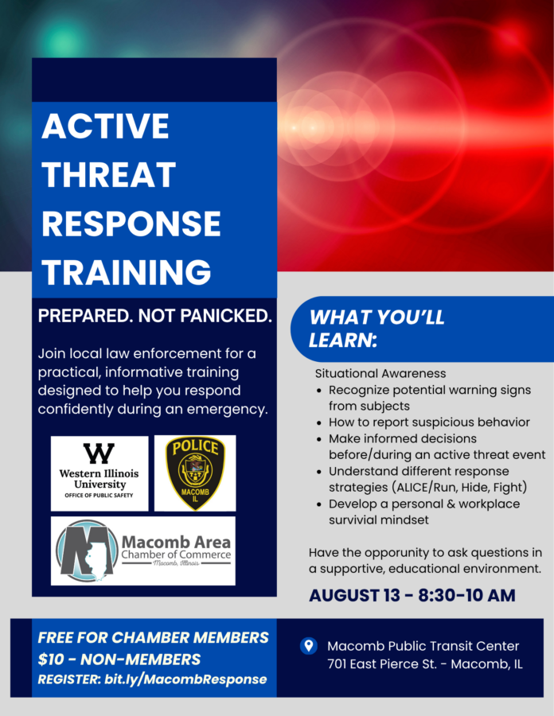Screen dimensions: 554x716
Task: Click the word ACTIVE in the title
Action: point(106,126)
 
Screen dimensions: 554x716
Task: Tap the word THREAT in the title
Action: point(109,174)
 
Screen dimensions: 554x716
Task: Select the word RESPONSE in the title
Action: point(131,224)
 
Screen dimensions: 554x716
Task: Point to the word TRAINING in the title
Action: point(127,272)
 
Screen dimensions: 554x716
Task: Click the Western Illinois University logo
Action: point(99,473)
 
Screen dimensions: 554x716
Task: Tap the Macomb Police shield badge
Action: point(195,473)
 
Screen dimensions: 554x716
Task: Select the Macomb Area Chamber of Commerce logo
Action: point(143,551)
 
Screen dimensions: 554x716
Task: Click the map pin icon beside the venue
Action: point(309,646)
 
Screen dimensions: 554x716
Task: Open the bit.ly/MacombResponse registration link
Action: point(185,679)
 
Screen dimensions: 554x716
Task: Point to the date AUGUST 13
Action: point(354,595)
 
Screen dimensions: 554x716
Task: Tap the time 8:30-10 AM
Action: point(466,595)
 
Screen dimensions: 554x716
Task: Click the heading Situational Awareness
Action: point(380,374)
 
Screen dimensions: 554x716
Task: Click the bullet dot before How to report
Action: point(319,423)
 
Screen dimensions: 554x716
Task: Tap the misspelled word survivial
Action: point(355,520)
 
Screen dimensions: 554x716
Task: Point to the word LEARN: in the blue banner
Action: point(343,340)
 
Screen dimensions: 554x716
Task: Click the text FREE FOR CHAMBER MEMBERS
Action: point(153,637)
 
